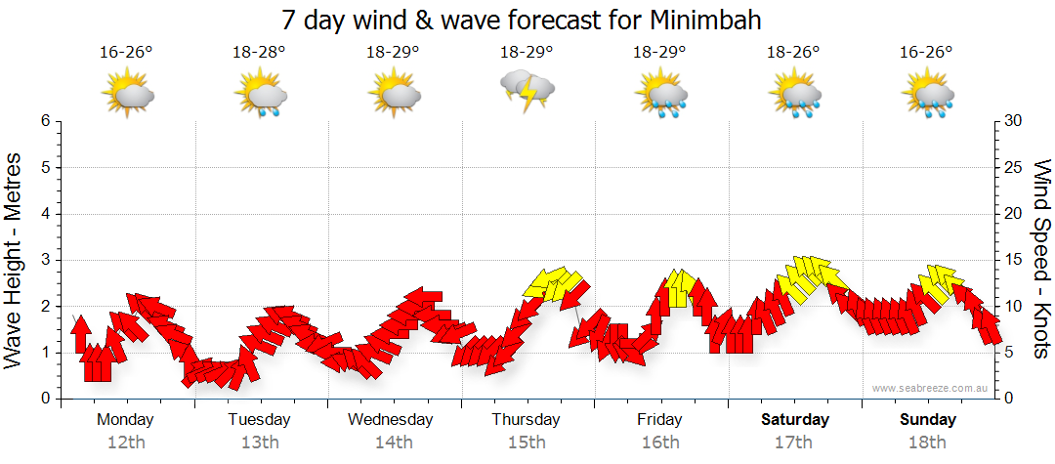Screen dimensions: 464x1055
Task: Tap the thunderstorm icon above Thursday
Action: tap(527, 91)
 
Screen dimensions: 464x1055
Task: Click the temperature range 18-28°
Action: tap(260, 52)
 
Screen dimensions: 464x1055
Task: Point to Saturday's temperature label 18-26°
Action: tap(792, 52)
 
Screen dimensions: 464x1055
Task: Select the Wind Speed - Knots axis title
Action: tap(1041, 259)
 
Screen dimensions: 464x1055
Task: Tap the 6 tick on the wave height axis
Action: tap(44, 121)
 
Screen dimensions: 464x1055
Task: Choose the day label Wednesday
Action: tap(391, 420)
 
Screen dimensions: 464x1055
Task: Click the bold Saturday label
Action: tap(794, 420)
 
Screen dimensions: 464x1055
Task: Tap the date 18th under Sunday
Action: tap(928, 443)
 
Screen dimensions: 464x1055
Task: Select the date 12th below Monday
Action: tap(125, 443)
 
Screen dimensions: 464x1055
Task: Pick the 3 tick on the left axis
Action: tap(44, 260)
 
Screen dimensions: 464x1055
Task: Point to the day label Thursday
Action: tap(526, 420)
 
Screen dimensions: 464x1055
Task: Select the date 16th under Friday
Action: tap(660, 443)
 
